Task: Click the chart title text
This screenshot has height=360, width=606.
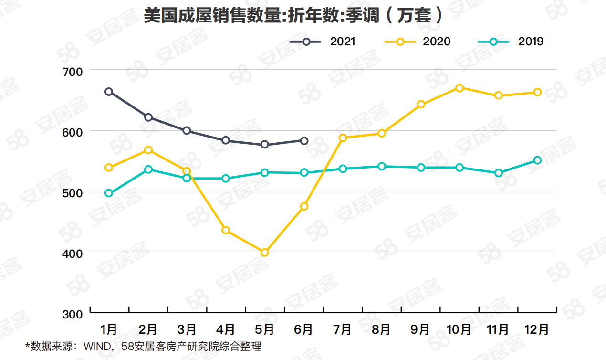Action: tap(293, 16)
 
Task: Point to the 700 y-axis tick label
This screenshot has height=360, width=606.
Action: tap(73, 71)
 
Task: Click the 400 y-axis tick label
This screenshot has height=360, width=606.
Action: tap(73, 253)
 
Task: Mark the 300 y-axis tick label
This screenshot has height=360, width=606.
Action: tap(73, 314)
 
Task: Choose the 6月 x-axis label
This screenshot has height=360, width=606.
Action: tap(304, 329)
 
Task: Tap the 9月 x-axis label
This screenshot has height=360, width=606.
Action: tap(420, 329)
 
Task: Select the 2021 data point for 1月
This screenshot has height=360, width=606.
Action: tap(109, 92)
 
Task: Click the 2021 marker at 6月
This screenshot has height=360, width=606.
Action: tap(304, 140)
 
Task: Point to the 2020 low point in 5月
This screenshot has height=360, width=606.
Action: tap(265, 253)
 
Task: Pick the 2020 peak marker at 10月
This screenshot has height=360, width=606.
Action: tap(460, 88)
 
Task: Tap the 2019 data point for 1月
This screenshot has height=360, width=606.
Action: tap(109, 193)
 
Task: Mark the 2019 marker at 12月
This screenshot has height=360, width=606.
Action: tap(537, 160)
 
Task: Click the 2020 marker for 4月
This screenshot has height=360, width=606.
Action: tap(226, 230)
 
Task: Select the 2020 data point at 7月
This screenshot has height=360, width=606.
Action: tap(343, 138)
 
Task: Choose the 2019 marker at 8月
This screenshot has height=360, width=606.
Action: tap(382, 166)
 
